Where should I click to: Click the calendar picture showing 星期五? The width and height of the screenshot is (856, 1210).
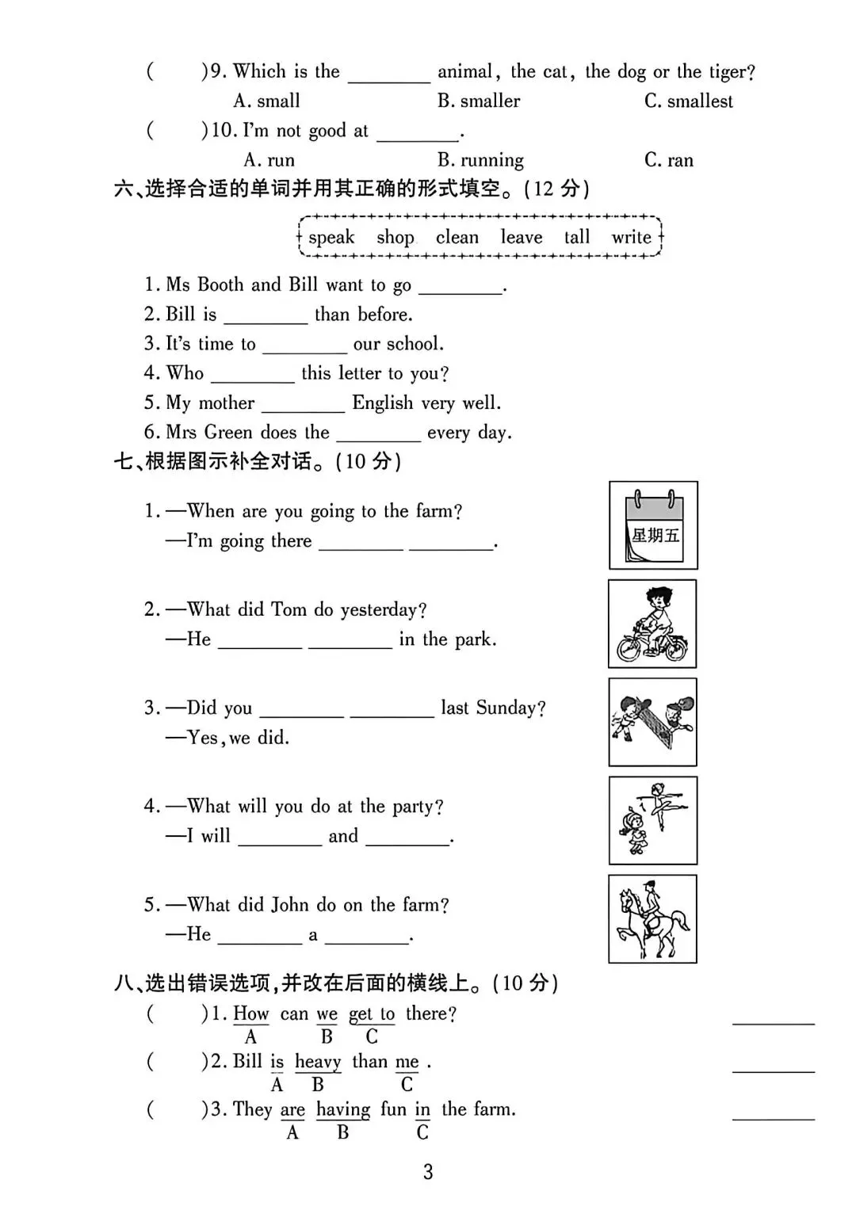click(x=653, y=525)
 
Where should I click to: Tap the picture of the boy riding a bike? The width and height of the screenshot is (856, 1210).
click(x=652, y=624)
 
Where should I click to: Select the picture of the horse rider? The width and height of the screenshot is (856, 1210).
click(x=652, y=919)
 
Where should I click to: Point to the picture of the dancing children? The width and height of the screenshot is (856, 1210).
click(x=652, y=820)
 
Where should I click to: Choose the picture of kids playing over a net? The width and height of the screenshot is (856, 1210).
click(x=652, y=722)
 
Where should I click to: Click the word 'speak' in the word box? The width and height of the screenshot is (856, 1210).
click(x=331, y=238)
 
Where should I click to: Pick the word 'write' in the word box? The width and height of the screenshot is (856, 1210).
click(x=631, y=237)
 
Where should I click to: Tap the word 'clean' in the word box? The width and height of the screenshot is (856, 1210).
click(x=457, y=238)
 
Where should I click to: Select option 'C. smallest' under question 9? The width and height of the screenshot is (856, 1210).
click(x=688, y=101)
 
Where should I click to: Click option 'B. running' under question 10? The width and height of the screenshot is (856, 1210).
click(x=480, y=161)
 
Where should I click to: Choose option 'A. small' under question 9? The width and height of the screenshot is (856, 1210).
click(x=266, y=101)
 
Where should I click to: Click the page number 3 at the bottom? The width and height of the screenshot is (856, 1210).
click(x=428, y=1172)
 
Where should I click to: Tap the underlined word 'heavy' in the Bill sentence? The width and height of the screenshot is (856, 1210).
click(x=318, y=1062)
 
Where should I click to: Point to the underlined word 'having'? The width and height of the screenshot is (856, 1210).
click(x=342, y=1109)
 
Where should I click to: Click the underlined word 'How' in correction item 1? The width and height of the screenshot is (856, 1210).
click(x=250, y=1013)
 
